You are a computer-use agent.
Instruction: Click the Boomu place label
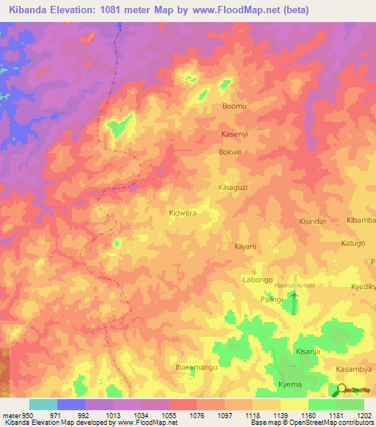pyautogui.click(x=234, y=106)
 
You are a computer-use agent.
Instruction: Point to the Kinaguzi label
pyautogui.click(x=234, y=188)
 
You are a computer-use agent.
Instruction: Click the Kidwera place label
pyautogui.click(x=183, y=213)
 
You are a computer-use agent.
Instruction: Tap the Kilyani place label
pyautogui.click(x=245, y=247)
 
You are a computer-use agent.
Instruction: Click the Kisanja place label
pyautogui.click(x=308, y=351)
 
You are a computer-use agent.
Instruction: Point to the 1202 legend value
pyautogui.click(x=364, y=415)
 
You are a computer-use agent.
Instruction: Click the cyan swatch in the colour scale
pyautogui.click(x=43, y=404)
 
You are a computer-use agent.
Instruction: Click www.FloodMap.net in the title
pyautogui.click(x=230, y=10)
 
